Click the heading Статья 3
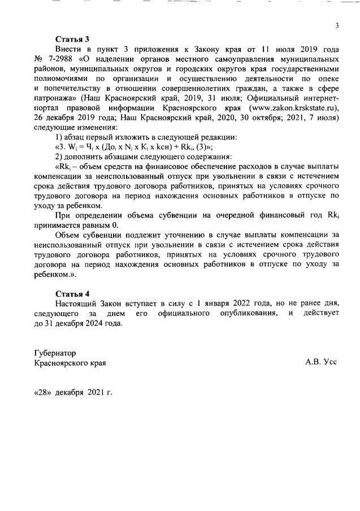[72, 40]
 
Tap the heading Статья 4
[72, 295]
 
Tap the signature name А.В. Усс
[320, 362]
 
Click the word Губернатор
[55, 353]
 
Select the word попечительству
[72, 88]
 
